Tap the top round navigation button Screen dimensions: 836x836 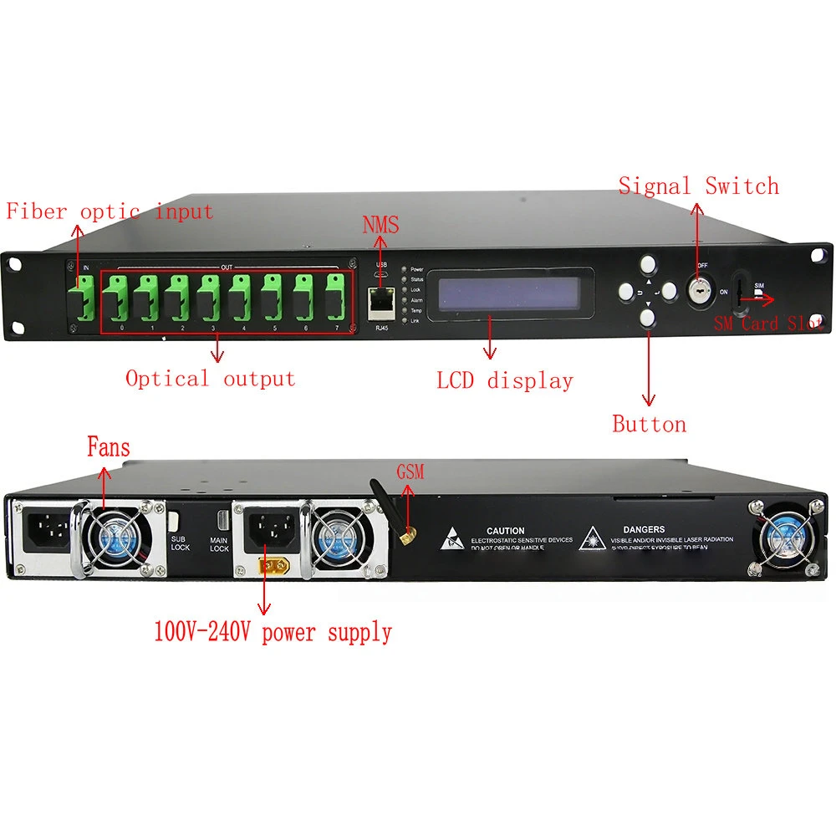pyautogui.click(x=648, y=265)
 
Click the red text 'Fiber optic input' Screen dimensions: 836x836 pyautogui.click(x=110, y=212)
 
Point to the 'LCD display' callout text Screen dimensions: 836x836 pyautogui.click(x=505, y=381)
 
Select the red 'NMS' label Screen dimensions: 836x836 pyautogui.click(x=380, y=225)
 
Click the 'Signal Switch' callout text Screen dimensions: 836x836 pyautogui.click(x=698, y=186)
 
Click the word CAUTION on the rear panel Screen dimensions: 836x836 pyautogui.click(x=505, y=531)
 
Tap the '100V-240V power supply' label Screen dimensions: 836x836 pyautogui.click(x=273, y=632)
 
